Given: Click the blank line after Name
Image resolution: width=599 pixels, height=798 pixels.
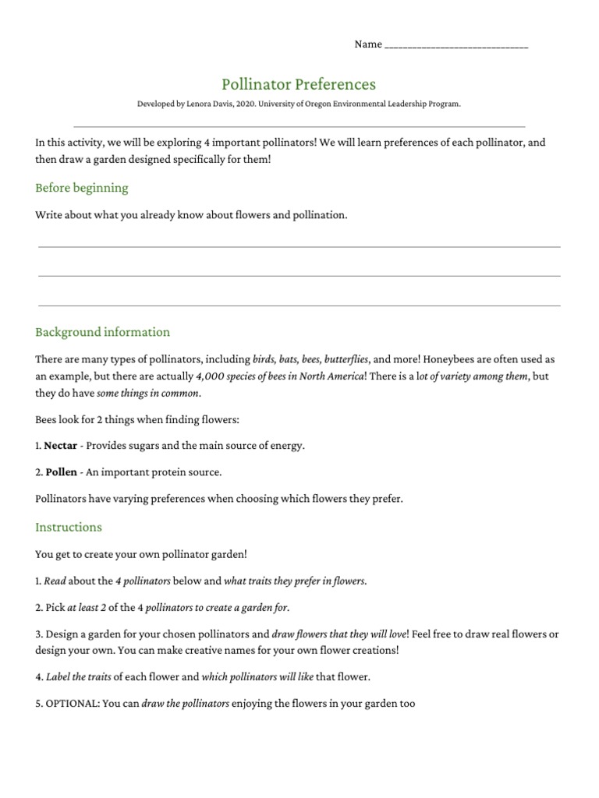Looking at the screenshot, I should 456,45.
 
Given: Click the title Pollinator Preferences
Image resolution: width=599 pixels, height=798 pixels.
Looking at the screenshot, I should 299,84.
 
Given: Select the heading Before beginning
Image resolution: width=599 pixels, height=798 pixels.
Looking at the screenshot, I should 82,188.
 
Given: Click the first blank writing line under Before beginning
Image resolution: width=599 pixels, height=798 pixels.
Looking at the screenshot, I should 299,246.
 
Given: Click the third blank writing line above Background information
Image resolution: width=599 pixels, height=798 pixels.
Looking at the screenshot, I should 299,305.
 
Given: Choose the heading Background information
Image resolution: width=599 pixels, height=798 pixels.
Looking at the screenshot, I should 102,332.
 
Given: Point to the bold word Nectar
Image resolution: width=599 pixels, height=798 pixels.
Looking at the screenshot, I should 60,446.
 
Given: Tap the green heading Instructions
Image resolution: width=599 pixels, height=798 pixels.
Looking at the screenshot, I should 69,527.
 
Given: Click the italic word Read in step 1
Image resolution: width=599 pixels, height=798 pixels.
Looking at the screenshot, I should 55,581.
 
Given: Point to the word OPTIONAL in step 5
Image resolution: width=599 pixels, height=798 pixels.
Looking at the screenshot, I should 72,704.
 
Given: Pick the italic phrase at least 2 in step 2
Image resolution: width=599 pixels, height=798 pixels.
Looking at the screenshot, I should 89,607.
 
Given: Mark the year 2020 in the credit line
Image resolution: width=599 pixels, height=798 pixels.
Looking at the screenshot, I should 248,104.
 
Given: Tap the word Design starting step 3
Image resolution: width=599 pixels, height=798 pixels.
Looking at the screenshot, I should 61,634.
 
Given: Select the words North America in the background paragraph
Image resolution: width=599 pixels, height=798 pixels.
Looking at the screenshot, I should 333,376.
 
